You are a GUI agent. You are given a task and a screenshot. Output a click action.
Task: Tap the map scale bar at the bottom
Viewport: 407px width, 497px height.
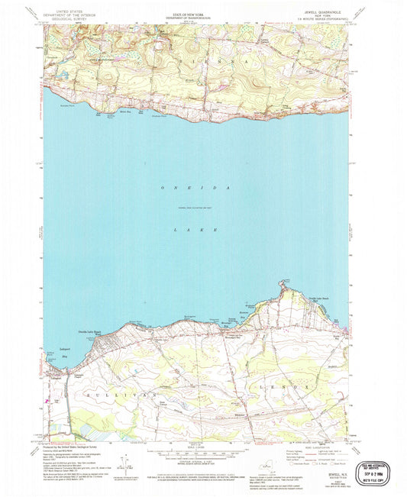(202, 453)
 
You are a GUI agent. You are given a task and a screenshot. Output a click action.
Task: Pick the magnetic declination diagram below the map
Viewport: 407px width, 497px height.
(123, 462)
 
